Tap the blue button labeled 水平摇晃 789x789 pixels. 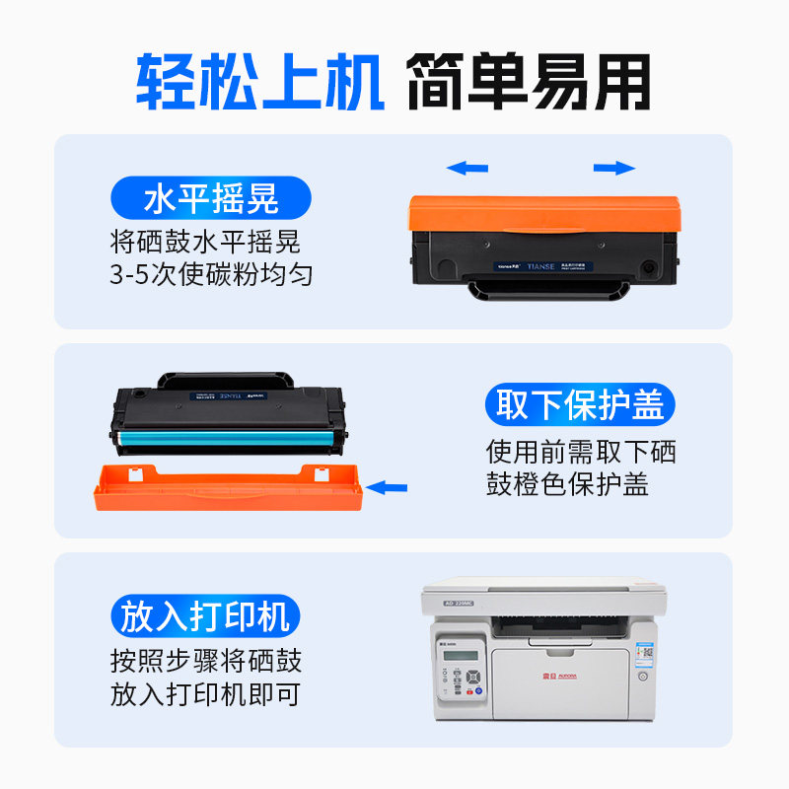click(210, 198)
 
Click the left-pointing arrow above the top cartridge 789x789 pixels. click(467, 168)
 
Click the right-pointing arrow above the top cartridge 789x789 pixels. click(613, 168)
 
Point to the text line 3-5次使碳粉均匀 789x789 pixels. click(211, 274)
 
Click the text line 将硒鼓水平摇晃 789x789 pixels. click(205, 241)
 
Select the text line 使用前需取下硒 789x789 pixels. click(581, 452)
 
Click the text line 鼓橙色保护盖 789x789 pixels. click(567, 485)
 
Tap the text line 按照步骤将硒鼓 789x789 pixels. click(205, 660)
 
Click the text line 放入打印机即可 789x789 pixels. click(205, 694)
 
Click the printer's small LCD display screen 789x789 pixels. click(461, 659)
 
